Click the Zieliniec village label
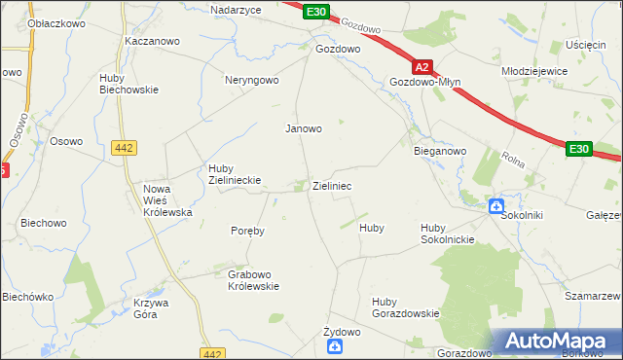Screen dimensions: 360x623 coord(332,185)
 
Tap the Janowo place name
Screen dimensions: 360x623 coord(303,127)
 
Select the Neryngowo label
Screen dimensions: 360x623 coord(252,81)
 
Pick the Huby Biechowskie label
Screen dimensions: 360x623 coord(128,84)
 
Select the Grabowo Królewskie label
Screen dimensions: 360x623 coord(253,280)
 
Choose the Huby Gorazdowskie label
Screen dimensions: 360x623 coord(405,307)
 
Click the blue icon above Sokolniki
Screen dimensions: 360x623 coord(495,206)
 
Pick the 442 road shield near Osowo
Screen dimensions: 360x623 coord(124,147)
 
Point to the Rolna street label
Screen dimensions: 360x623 coord(514,157)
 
